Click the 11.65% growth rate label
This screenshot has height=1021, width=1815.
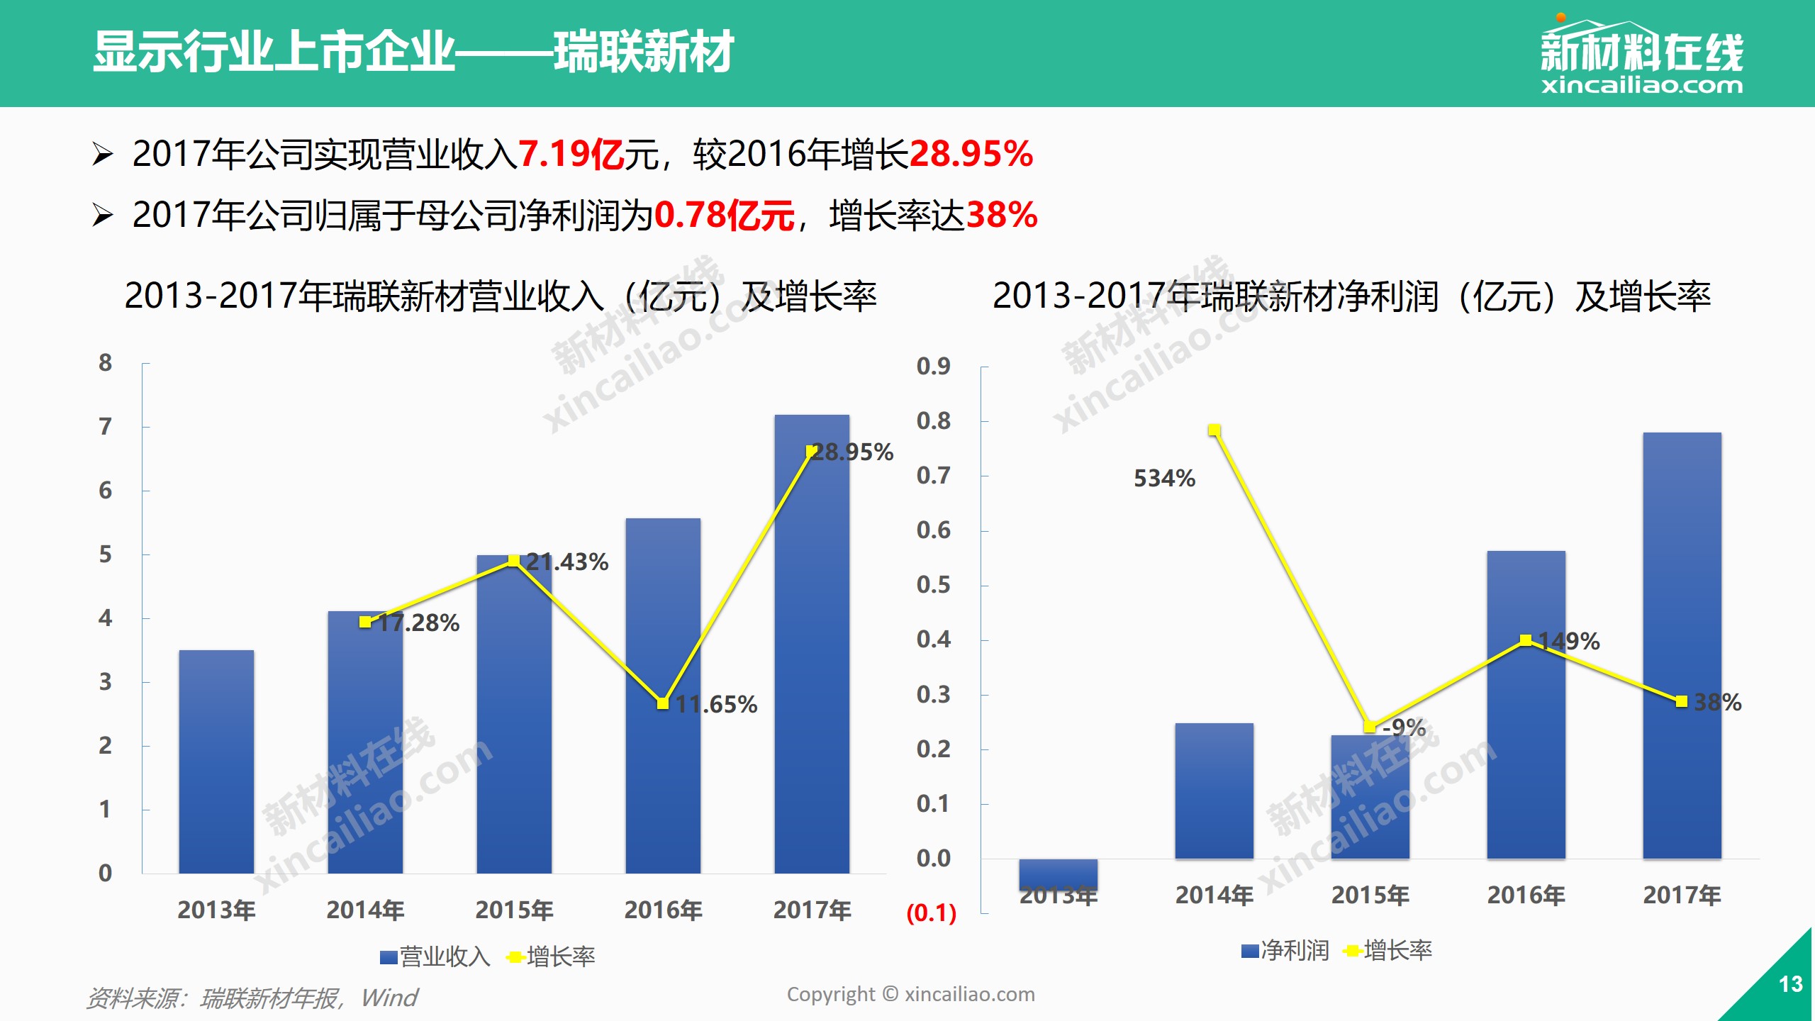[x=716, y=704]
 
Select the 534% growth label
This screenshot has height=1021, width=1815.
[x=1164, y=479]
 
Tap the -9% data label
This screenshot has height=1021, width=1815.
[x=1404, y=727]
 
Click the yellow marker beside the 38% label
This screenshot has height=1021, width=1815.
[x=1681, y=701]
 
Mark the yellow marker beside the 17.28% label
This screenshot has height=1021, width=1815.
[x=365, y=622]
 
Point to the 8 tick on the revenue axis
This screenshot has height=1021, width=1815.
[x=105, y=363]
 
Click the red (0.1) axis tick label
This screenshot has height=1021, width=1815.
[x=932, y=913]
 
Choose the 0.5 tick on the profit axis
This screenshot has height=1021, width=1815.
[x=933, y=585]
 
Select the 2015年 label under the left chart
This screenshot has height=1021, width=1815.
[x=514, y=910]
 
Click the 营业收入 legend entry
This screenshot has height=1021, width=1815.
[x=435, y=956]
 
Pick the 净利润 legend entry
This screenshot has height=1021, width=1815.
[x=1286, y=950]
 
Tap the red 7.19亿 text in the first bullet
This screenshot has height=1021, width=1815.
[x=571, y=154]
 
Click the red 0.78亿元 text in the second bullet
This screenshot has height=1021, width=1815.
[x=724, y=215]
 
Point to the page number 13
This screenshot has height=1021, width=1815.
[x=1790, y=984]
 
